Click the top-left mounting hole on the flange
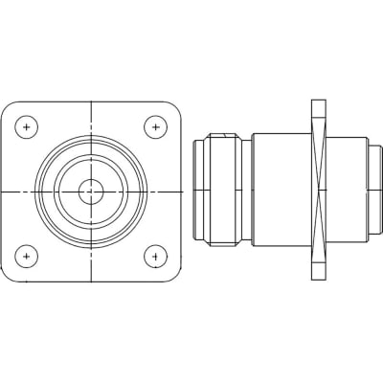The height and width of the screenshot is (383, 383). (x=29, y=126)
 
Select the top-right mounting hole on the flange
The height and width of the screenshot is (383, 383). (x=154, y=126)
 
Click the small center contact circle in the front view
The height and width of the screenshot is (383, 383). (x=91, y=191)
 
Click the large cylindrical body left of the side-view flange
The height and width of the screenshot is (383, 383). (x=282, y=191)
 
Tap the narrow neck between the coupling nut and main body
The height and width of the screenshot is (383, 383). (x=246, y=191)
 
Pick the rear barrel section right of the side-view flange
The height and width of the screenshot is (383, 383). (x=348, y=191)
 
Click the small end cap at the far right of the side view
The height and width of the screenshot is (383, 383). (x=375, y=191)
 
